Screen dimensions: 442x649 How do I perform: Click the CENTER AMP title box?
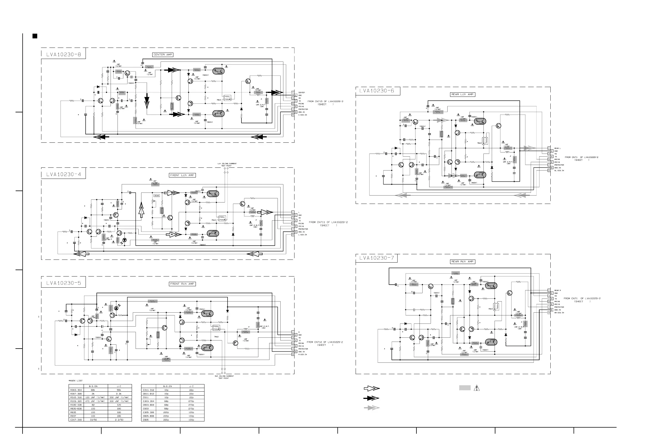pos(163,55)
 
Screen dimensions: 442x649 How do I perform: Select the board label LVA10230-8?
pos(64,55)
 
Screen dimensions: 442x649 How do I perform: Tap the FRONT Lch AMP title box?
pos(182,175)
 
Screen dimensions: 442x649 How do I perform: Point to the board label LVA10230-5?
pos(64,283)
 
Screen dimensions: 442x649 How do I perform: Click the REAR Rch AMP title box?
pos(463,262)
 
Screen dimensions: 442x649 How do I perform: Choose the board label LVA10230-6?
pos(377,91)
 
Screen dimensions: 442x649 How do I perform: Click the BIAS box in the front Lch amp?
pos(157,196)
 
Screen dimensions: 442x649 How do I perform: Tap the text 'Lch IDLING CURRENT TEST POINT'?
pos(227,165)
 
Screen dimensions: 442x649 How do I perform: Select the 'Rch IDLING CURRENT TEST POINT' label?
pos(224,377)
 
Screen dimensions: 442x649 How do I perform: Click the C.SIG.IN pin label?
pos(303,115)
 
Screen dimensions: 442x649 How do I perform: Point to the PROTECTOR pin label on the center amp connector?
pos(303,109)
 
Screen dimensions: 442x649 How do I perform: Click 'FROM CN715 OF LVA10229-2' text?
pos(325,102)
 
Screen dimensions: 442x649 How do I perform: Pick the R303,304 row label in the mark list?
pos(76,390)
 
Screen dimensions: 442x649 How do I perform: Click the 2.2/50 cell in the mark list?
pos(119,420)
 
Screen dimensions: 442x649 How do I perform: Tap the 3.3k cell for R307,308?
pos(119,394)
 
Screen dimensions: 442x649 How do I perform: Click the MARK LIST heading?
pos(76,381)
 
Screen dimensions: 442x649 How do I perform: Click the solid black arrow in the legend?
pos(372,398)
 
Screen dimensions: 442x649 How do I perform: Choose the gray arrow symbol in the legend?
pos(372,408)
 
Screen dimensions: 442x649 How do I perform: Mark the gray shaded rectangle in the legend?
pos(465,388)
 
